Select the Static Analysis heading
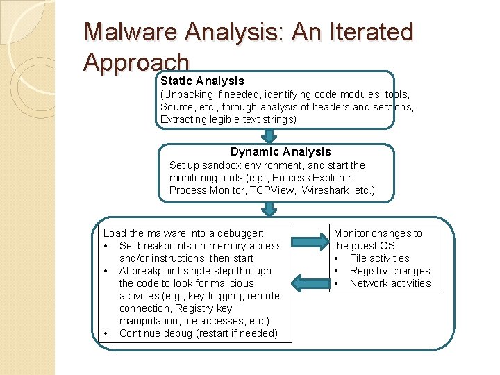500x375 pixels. click(202, 81)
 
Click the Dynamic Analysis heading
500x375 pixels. click(281, 151)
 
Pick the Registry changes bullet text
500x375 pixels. click(390, 271)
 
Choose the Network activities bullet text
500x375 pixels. click(390, 283)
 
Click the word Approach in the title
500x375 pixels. click(136, 62)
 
